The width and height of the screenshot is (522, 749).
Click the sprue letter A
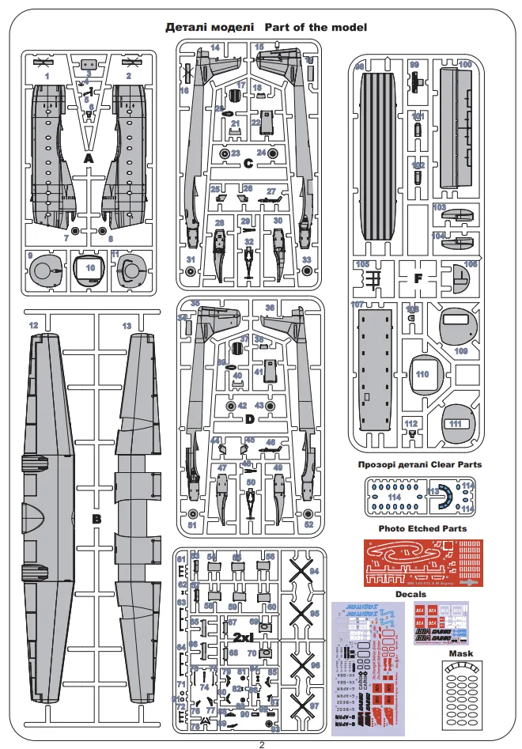pos(89,159)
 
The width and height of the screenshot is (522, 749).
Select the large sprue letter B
pos(97,520)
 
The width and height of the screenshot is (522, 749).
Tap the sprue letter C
pos(248,165)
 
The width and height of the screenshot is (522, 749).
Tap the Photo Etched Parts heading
pos(422,528)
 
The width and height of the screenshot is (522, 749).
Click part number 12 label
pos(33,326)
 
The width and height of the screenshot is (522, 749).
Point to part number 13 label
pos(127,326)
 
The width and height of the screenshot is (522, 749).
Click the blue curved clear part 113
pos(443,495)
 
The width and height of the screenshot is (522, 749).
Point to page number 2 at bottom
pos(262,743)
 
